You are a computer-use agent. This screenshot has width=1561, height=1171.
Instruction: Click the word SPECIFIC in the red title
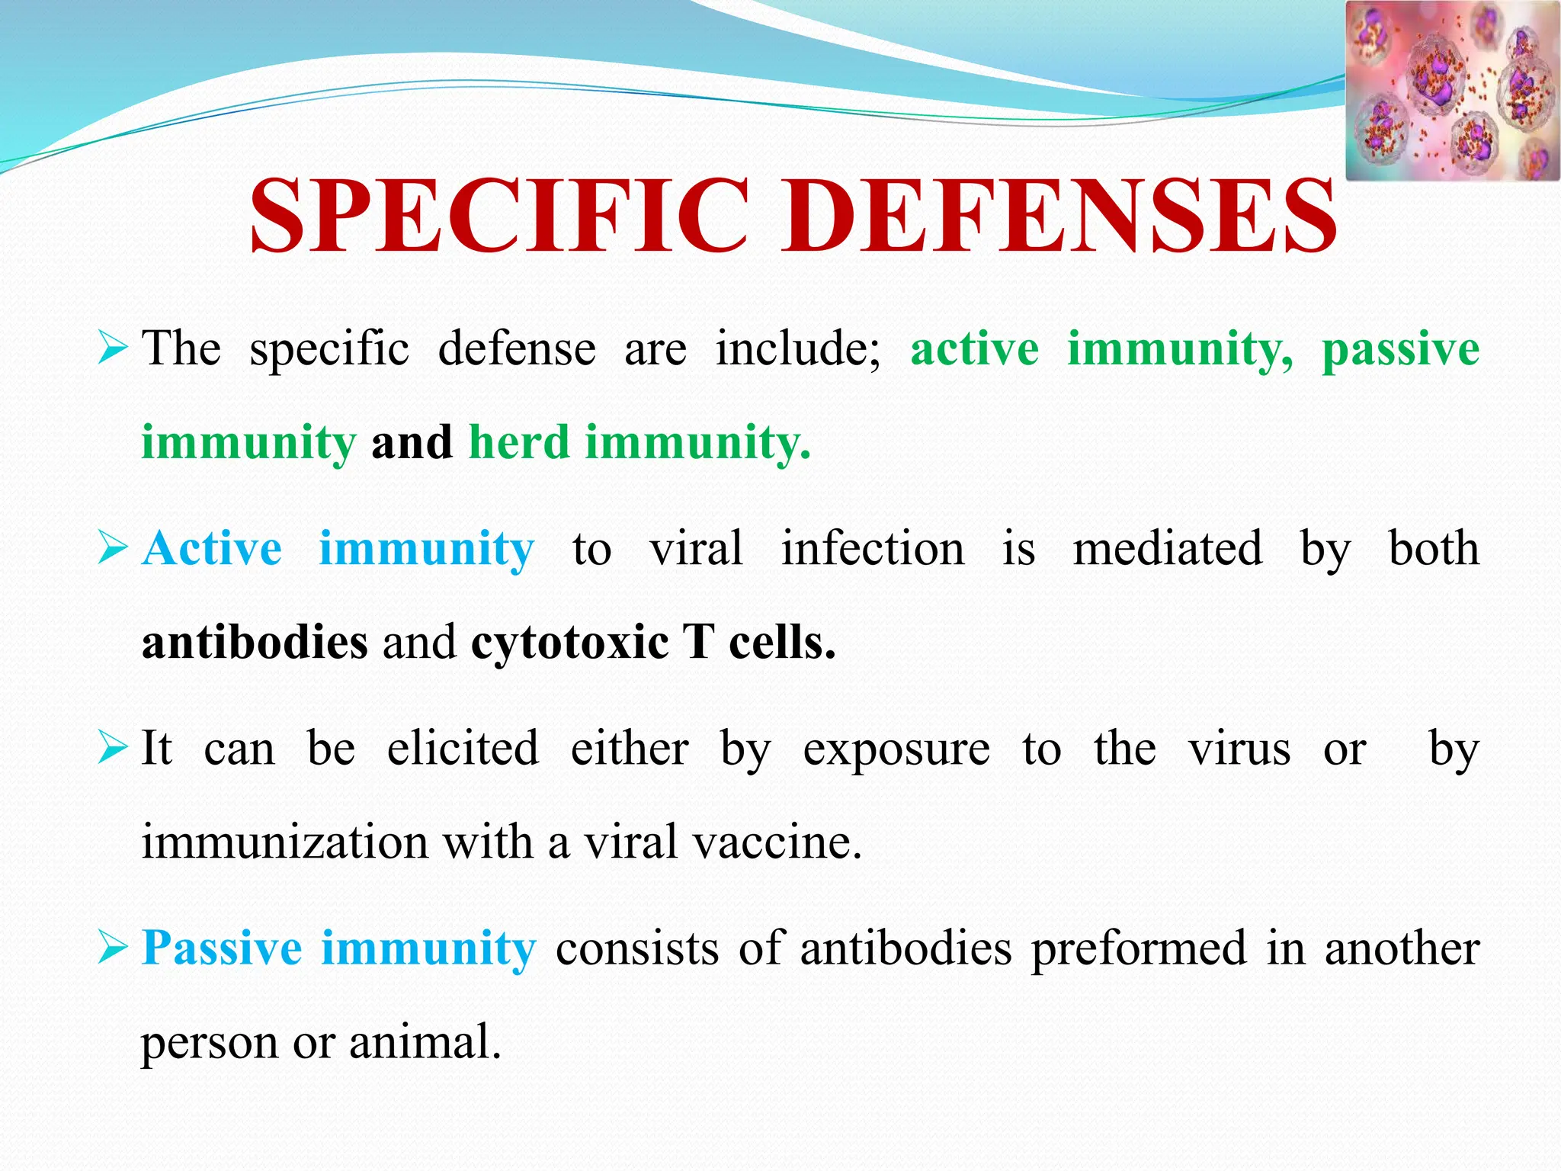(x=499, y=216)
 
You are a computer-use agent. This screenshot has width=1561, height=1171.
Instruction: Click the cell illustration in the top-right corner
(x=1451, y=91)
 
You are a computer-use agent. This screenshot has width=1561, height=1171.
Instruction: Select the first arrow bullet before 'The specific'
(x=112, y=349)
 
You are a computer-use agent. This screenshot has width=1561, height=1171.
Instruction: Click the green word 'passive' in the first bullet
(x=1400, y=349)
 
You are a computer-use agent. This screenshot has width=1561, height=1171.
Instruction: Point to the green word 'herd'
(x=519, y=442)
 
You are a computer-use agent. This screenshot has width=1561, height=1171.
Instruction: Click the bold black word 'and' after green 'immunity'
(x=412, y=442)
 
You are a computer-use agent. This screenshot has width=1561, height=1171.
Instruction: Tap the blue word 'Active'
(x=212, y=548)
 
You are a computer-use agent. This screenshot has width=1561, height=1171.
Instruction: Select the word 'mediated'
(x=1167, y=548)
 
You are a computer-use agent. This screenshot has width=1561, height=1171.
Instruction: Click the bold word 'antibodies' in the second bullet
(x=255, y=642)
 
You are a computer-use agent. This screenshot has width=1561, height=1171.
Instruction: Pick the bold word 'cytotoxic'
(x=569, y=642)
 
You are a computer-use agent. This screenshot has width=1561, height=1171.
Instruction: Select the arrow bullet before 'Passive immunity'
(x=112, y=949)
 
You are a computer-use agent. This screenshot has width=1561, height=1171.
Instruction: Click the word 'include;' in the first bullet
(x=797, y=349)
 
